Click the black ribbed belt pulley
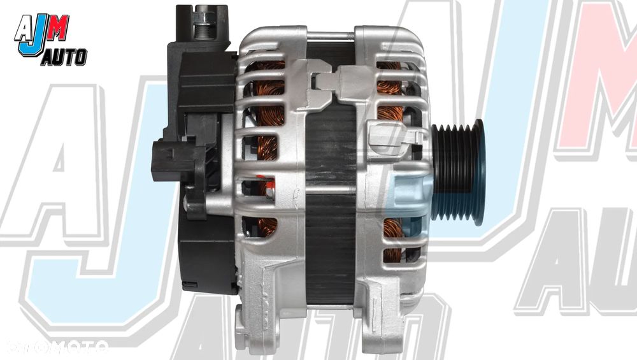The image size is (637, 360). coord(457,172)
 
